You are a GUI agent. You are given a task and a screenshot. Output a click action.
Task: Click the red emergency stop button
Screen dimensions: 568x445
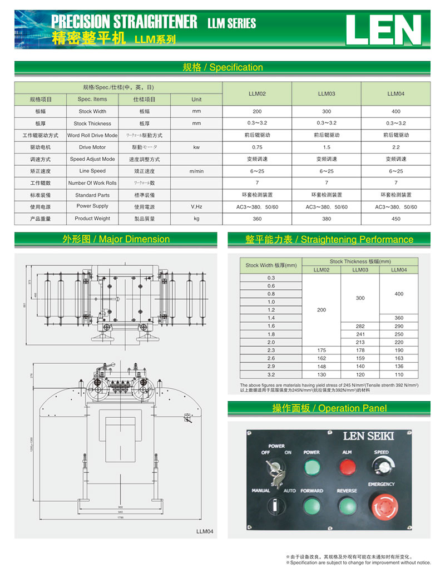(384, 507)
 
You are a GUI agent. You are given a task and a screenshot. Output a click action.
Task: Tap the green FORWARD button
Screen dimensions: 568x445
(311, 507)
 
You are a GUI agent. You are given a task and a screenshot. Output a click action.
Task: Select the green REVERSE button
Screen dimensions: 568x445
(347, 506)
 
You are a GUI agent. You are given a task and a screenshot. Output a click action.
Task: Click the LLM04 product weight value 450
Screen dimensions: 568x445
(395, 219)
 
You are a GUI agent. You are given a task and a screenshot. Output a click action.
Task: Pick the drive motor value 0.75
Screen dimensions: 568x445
(257, 147)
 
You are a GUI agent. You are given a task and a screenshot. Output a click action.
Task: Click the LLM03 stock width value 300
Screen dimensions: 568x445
(326, 112)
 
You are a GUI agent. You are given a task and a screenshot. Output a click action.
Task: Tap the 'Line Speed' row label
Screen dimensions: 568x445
(92, 171)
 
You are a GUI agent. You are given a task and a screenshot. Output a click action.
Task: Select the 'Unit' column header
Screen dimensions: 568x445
(196, 100)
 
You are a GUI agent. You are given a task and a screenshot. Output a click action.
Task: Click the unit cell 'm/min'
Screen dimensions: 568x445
(196, 171)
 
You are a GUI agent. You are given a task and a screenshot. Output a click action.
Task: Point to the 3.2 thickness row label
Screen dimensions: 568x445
(271, 375)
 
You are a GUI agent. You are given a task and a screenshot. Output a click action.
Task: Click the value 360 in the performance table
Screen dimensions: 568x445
(398, 318)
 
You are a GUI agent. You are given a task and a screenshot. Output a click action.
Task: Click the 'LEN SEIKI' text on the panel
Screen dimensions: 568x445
(369, 436)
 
